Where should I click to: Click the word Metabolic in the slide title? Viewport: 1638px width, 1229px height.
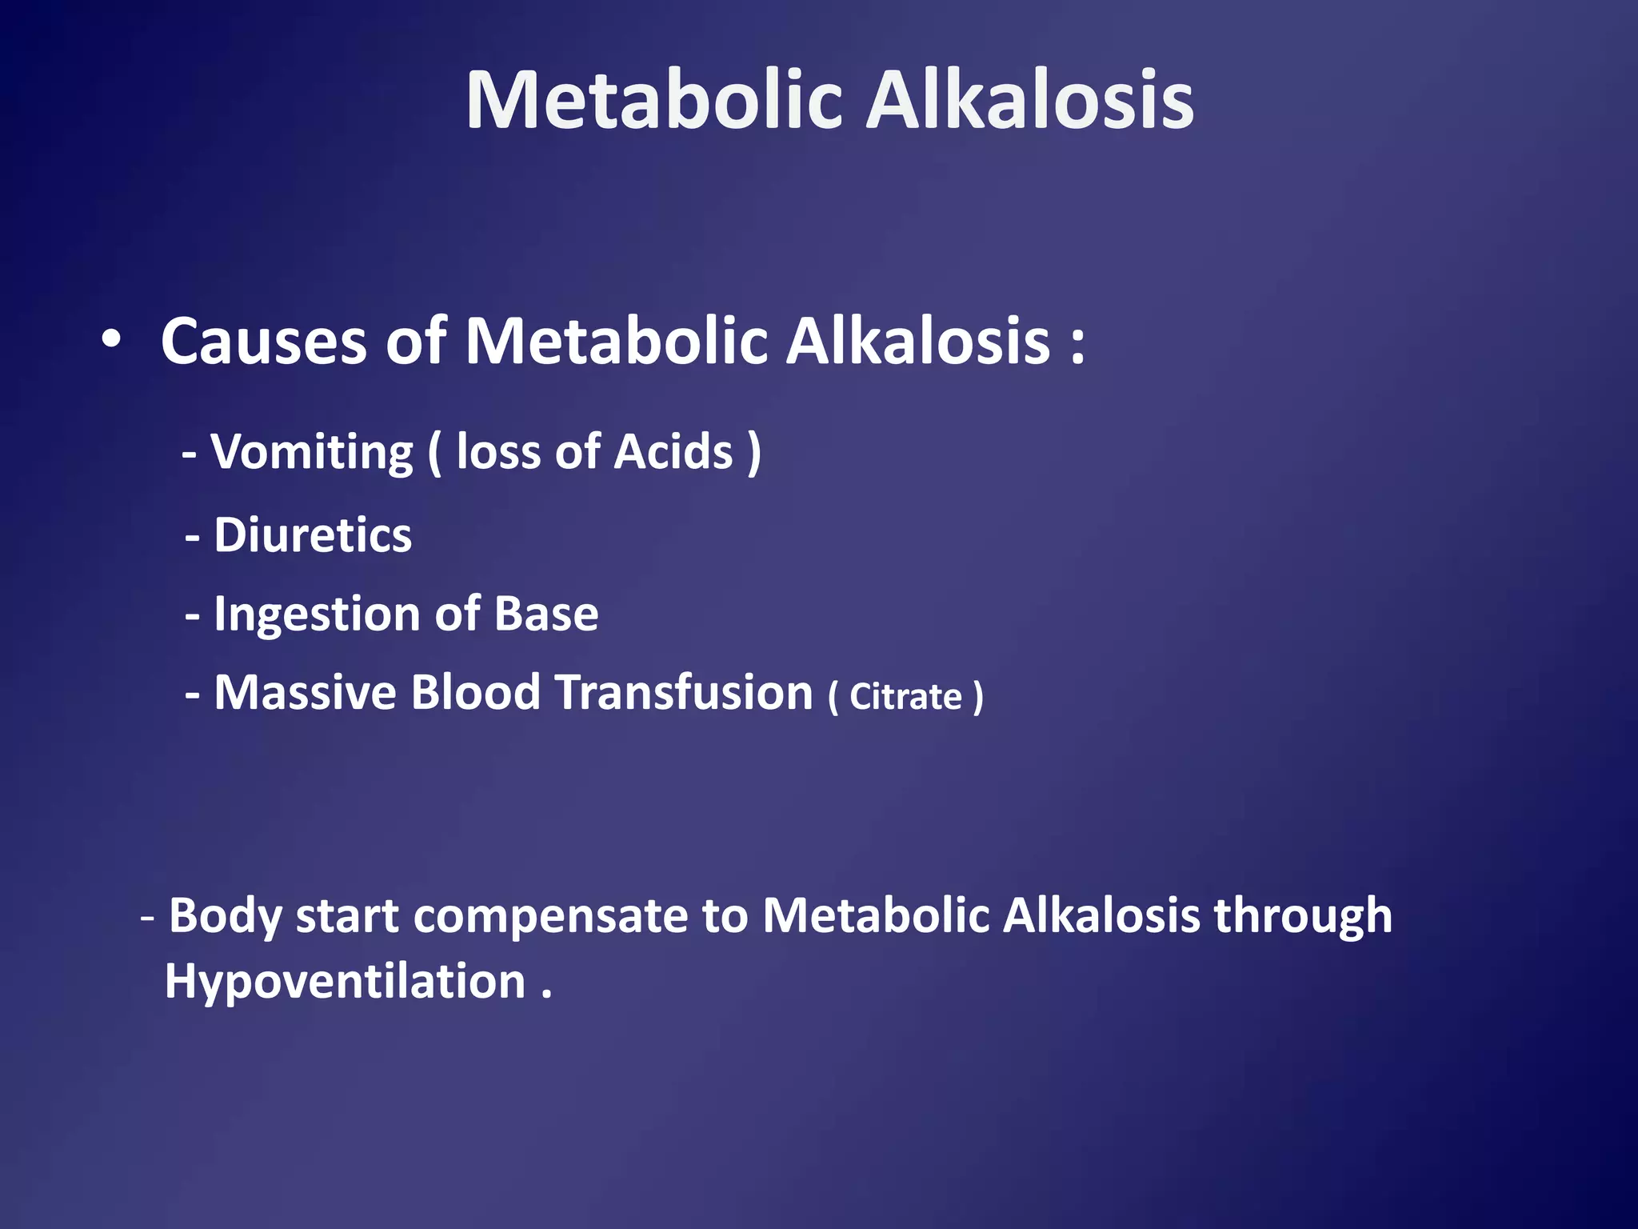(654, 100)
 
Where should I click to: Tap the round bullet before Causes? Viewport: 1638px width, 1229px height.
(111, 339)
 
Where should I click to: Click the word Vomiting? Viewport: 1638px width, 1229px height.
(312, 453)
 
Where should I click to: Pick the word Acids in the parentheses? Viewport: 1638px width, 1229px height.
(673, 451)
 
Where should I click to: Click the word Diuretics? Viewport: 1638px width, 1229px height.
(313, 534)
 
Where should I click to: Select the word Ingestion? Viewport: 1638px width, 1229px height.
(317, 614)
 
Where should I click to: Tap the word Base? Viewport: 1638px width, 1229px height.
(546, 614)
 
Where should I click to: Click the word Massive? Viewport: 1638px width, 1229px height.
(305, 692)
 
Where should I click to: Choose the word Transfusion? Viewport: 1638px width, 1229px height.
(684, 692)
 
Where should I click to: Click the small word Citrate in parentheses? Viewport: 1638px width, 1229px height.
(905, 696)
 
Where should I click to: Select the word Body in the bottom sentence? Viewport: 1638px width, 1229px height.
(225, 916)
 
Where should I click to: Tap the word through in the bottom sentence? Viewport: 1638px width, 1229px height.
(1303, 916)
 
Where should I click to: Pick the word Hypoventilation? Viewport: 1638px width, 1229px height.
(345, 982)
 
